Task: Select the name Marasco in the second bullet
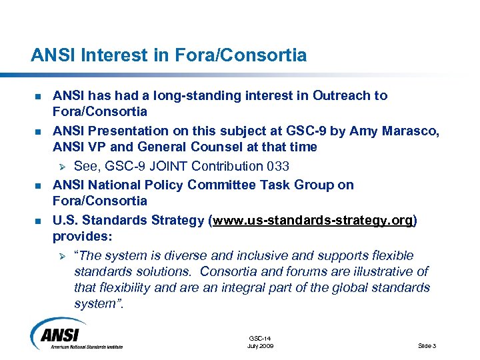[x=410, y=131]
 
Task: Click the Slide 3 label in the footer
[x=427, y=346]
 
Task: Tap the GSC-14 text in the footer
[x=260, y=339]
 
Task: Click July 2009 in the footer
[x=260, y=346]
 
